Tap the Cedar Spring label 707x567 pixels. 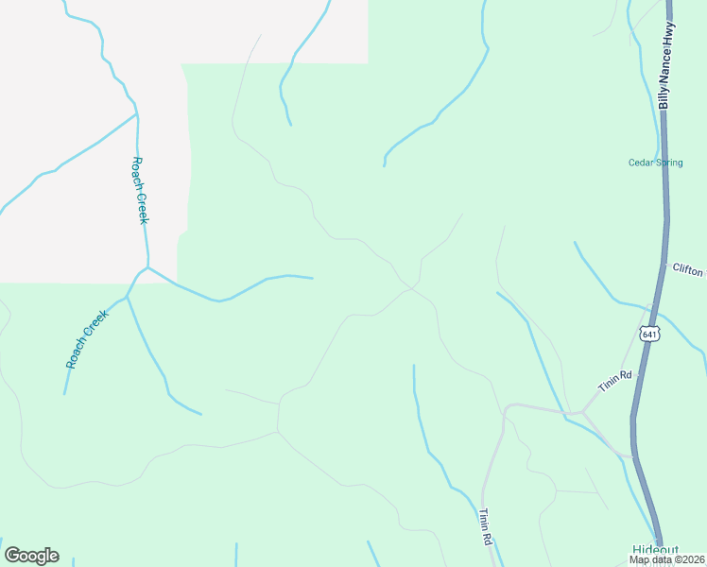coord(654,162)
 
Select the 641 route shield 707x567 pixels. coord(648,334)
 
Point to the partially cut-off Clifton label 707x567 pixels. coord(688,268)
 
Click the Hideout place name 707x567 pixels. coord(655,549)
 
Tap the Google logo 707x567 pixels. coord(31,556)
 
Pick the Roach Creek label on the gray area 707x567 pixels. coord(140,190)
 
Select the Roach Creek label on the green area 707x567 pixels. coord(88,338)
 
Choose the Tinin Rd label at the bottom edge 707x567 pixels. coord(486,526)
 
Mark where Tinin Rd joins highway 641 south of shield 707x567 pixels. coord(631,456)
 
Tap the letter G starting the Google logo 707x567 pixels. coord(12,555)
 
